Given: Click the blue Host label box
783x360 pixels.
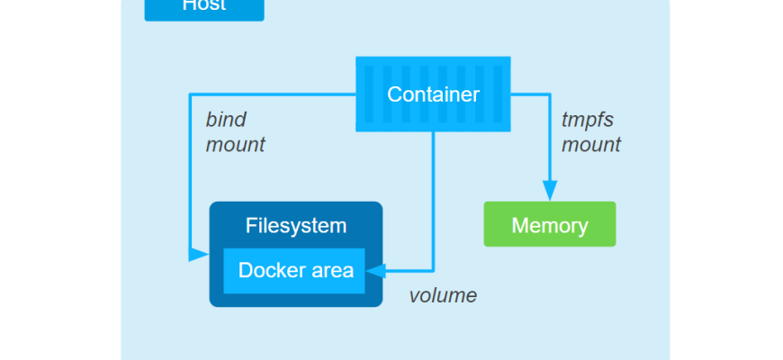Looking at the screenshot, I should (204, 8).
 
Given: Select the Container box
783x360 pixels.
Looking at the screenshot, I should (433, 94).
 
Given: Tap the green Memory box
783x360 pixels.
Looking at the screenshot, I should (550, 224).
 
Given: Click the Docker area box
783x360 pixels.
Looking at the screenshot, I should (294, 270).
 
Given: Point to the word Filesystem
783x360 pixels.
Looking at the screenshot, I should (296, 226).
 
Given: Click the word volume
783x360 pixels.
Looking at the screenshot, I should (443, 295).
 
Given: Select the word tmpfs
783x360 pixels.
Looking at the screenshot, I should (587, 120).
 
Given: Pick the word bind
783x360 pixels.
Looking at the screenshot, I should (226, 120).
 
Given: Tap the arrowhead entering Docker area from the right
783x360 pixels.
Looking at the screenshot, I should (376, 270).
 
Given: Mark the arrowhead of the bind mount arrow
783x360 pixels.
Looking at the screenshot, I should (199, 255).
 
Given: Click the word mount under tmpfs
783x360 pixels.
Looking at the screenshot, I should (591, 144).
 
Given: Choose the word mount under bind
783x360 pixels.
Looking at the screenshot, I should (236, 144).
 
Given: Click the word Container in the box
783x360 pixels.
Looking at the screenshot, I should (433, 94).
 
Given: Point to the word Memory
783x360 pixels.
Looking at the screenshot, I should (550, 225).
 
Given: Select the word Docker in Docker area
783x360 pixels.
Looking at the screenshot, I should (268, 270).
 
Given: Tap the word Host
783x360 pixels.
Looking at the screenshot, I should (204, 6).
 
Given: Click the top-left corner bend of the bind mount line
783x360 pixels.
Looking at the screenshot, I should (189, 94).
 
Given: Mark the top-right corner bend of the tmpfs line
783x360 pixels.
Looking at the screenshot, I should (549, 94).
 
